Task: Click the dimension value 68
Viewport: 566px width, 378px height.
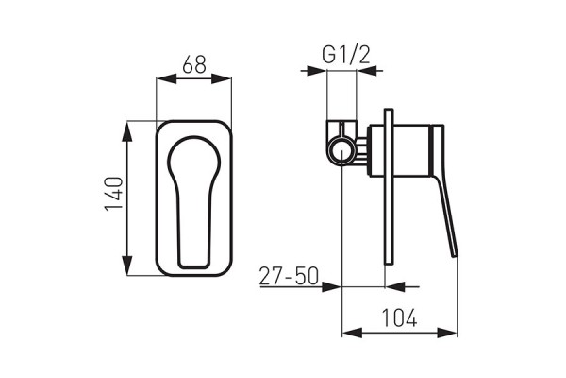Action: pos(194,65)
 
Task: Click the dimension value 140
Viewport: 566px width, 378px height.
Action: pos(111,198)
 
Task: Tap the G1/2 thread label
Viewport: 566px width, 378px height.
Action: pos(345,55)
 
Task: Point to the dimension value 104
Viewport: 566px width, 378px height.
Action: pos(399,319)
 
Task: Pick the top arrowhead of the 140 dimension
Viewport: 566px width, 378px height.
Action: pos(127,126)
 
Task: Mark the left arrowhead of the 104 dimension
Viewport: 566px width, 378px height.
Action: pos(347,332)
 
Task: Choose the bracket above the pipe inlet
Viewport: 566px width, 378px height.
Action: pos(342,127)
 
